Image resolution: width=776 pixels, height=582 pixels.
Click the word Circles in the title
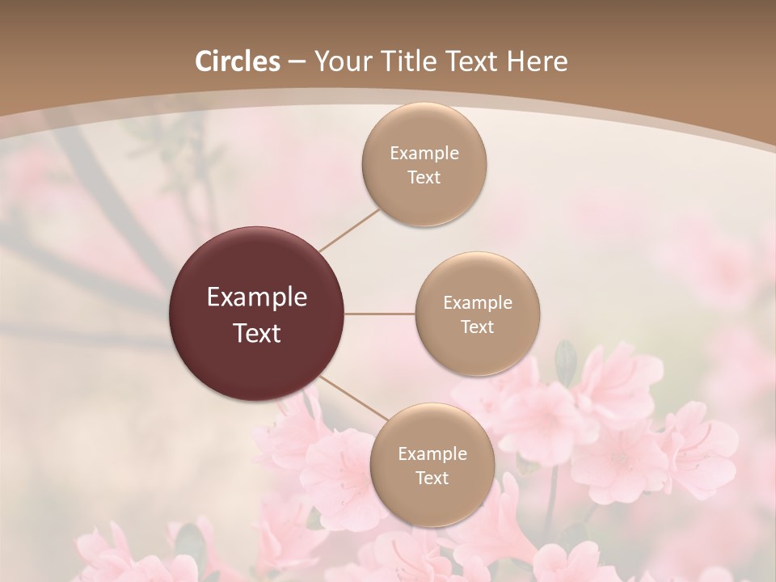click(x=238, y=61)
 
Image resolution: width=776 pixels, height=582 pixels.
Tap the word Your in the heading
click(x=339, y=61)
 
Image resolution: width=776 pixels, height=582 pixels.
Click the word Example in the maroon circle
click(x=257, y=297)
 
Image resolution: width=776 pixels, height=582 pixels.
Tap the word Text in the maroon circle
click(x=257, y=333)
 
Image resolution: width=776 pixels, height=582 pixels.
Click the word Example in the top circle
click(x=424, y=153)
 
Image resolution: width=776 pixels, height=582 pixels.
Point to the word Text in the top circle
click(x=424, y=177)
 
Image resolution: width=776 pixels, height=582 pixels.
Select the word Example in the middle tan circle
click(x=478, y=302)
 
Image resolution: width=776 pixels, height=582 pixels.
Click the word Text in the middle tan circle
click(x=478, y=327)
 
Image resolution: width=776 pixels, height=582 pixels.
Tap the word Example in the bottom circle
click(x=432, y=453)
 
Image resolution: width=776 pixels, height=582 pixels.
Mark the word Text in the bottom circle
click(x=432, y=478)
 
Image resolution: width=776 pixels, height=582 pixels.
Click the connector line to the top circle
click(x=349, y=230)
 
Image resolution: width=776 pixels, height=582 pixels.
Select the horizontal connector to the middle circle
click(x=380, y=314)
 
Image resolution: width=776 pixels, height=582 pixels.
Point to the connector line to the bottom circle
click(x=352, y=399)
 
